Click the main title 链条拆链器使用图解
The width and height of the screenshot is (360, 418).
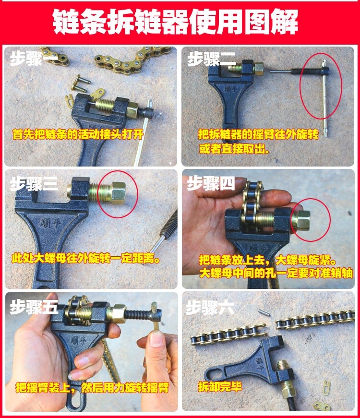175,22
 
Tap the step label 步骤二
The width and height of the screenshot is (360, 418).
212,59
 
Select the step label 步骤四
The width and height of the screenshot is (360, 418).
211,183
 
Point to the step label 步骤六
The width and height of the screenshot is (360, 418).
210,308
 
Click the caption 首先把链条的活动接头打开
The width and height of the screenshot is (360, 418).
78,134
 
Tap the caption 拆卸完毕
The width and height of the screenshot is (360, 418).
220,386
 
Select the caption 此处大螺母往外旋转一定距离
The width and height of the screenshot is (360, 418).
86,258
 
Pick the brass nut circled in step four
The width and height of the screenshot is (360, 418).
301,220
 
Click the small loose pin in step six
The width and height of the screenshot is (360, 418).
264,312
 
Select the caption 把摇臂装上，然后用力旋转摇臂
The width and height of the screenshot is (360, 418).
92,387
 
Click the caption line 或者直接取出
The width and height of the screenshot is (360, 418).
234,149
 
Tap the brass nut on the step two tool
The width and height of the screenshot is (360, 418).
258,68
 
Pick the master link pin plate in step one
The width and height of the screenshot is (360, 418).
81,83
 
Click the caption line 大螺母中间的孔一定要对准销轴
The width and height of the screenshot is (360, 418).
276,273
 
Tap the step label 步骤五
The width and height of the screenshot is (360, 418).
34,306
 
